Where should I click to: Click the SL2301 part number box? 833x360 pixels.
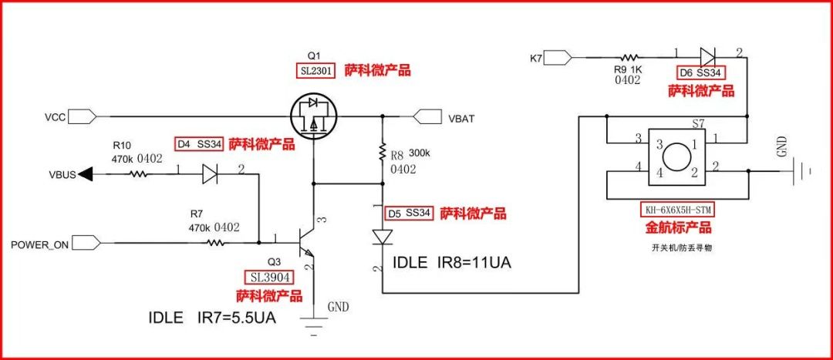316,71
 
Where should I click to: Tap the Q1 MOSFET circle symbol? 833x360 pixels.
314,116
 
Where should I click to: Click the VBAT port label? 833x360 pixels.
461,118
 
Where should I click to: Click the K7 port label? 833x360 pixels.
537,57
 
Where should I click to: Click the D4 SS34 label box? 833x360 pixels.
199,143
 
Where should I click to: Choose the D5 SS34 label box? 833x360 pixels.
409,213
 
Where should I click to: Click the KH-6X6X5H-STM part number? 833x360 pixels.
676,210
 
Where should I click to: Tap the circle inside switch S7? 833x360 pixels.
677,158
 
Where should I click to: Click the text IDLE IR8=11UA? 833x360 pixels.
452,263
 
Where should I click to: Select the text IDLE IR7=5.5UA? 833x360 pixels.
212,318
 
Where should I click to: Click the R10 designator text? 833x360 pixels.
122,145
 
